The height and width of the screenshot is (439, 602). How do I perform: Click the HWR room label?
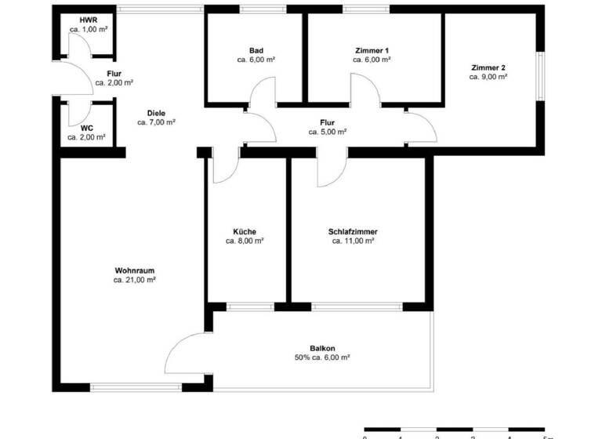pos(88,20)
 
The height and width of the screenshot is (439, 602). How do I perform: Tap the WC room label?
pos(86,127)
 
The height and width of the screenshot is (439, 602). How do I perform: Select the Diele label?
pos(156,112)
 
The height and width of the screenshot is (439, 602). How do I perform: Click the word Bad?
pos(256,50)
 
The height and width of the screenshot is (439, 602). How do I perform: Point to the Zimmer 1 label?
pos(371,50)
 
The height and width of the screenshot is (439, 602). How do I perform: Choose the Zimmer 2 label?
pos(488,67)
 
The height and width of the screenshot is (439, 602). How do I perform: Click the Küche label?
pos(244,231)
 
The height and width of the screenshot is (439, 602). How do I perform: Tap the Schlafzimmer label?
pos(353,231)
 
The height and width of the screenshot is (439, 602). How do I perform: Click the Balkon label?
pos(321,348)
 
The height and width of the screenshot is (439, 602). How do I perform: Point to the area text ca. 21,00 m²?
pos(134,279)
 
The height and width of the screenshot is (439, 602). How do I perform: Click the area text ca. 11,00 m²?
pos(353,241)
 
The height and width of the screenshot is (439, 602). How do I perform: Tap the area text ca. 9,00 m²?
pos(488,78)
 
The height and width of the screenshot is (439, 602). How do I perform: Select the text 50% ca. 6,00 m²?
pos(321,357)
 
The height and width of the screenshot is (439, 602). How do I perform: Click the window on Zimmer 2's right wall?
pos(540,76)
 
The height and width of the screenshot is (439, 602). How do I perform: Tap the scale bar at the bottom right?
pos(455,430)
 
